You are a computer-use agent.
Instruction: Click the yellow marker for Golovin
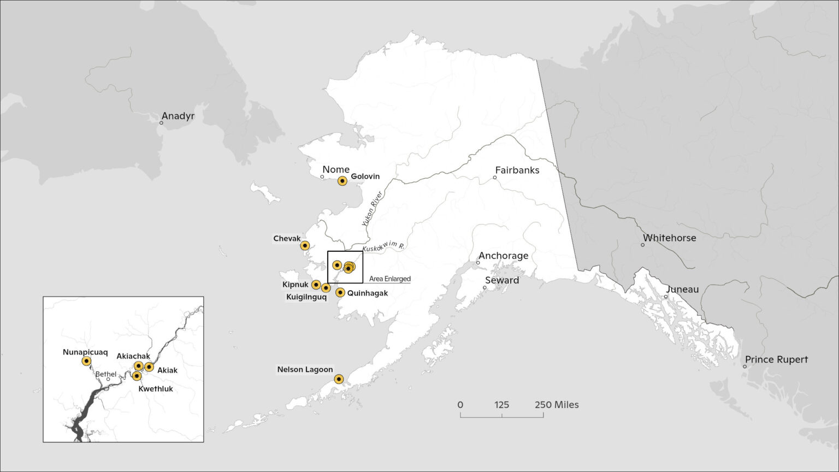342,181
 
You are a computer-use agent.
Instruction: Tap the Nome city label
335,169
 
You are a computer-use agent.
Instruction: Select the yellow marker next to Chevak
305,246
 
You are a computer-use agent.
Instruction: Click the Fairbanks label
517,170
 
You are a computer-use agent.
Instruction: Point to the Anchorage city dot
478,263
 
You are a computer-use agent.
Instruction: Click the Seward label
502,280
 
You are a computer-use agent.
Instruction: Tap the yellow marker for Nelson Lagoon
339,379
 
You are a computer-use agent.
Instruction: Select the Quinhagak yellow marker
340,293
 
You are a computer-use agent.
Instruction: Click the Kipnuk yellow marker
316,285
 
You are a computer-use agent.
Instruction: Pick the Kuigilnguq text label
306,297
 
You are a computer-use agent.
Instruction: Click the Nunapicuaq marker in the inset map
86,361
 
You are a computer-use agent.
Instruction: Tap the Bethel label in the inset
105,374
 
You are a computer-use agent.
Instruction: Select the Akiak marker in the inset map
149,367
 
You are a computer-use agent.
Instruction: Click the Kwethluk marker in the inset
137,376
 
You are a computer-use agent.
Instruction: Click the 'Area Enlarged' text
389,279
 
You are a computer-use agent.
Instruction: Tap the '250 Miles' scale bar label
557,405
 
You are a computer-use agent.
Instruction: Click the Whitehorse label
669,238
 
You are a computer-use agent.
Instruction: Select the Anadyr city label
178,116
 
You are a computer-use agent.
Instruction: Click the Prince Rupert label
776,359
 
